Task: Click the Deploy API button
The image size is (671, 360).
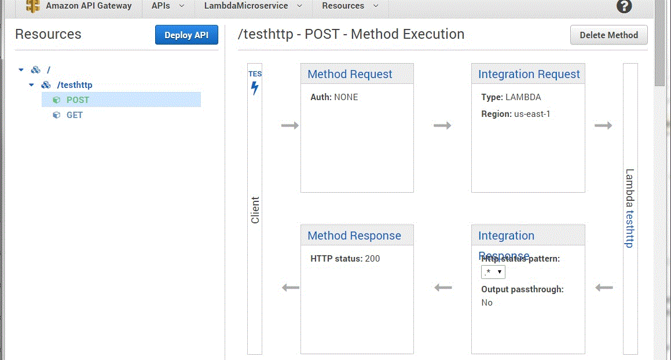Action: (x=186, y=35)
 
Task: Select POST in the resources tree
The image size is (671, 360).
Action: (x=78, y=100)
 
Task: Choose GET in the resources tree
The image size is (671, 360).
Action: (x=74, y=115)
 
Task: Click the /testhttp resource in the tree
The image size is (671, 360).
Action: (x=74, y=85)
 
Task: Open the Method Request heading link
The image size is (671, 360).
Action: (x=350, y=75)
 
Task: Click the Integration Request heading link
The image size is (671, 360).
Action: (x=529, y=75)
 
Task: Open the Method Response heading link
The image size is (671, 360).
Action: (x=354, y=236)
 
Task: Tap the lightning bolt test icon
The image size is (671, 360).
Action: (x=255, y=89)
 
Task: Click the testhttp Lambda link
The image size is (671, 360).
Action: (x=630, y=228)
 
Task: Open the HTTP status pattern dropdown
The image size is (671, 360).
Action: (x=493, y=273)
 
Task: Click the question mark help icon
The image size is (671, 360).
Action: (x=624, y=6)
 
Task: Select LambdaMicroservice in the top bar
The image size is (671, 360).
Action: (x=252, y=6)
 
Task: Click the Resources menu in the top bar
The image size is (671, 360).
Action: (x=350, y=6)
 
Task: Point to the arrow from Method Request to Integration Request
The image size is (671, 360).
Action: (x=442, y=126)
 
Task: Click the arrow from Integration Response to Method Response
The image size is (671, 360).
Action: (x=443, y=288)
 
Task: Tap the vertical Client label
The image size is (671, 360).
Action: (x=255, y=210)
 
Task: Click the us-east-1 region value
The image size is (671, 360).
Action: (x=532, y=114)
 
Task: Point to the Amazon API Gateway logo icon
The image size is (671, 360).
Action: (x=33, y=6)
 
